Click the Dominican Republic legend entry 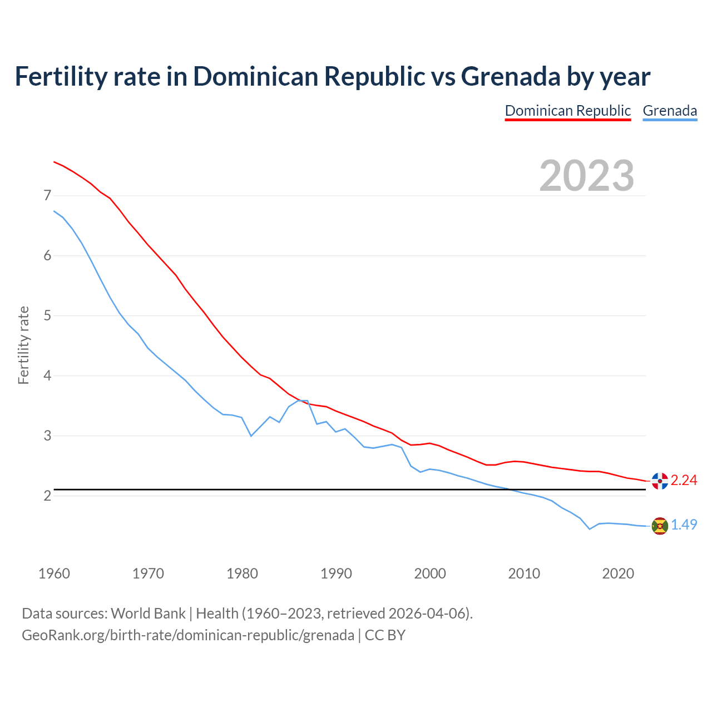567,111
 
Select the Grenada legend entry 670,111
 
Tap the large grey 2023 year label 587,176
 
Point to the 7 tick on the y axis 47,195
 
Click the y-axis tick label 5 47,315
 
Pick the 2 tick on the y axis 47,496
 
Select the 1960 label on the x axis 54,573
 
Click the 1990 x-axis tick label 336,573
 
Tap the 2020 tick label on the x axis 618,573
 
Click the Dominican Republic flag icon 660,481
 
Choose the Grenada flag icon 660,526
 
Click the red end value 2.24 684,480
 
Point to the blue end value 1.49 684,525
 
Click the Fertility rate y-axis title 23,345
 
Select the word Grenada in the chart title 511,76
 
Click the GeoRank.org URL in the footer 187,635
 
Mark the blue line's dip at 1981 251,436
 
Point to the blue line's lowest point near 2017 590,529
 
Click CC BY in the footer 385,635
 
